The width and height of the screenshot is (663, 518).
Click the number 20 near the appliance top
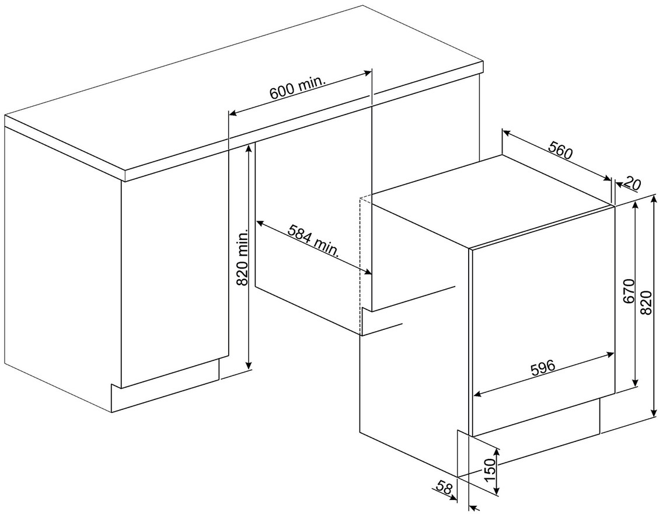[x=631, y=183]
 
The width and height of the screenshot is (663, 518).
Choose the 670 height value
[x=629, y=291]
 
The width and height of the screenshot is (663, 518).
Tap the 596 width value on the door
[x=543, y=367]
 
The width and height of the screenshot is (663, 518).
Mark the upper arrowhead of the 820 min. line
[x=250, y=148]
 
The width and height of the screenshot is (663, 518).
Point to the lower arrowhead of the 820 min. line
[x=249, y=363]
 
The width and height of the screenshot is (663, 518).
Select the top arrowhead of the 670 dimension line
[x=634, y=207]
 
